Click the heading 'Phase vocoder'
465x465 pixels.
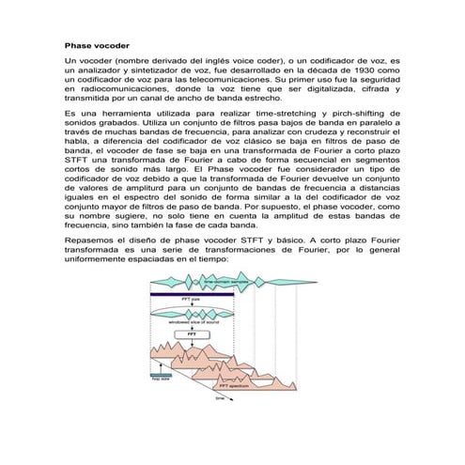click(97, 44)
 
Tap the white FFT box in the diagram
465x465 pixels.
click(191, 333)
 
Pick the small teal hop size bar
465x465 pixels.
click(157, 374)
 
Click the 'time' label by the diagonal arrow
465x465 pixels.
click(220, 398)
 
